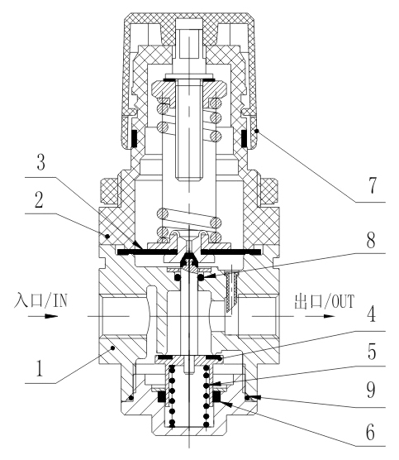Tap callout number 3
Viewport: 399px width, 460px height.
coord(41,162)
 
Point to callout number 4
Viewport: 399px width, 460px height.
coord(371,314)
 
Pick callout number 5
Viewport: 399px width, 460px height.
coord(372,352)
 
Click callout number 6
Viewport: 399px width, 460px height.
coord(370,432)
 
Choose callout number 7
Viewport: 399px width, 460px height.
coord(372,185)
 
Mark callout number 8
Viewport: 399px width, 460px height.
coord(371,240)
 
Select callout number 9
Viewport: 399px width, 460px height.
coord(371,390)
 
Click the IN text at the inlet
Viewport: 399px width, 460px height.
coord(60,300)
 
